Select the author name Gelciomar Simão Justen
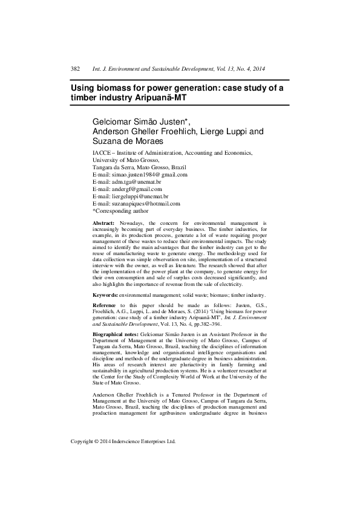pyautogui.click(x=143, y=122)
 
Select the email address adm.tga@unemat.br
pyautogui.click(x=140, y=181)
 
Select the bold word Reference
pyautogui.click(x=105, y=305)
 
